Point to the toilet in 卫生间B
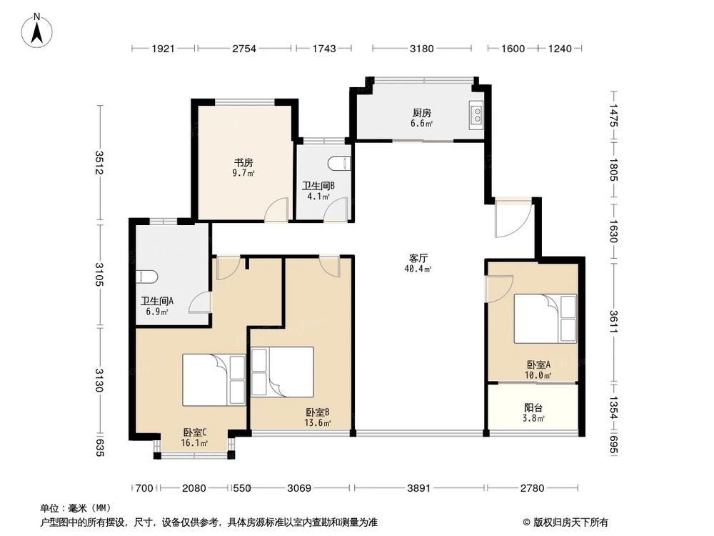(x=345, y=163)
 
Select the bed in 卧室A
(x=545, y=319)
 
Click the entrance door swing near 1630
(x=511, y=220)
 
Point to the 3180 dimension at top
(x=421, y=49)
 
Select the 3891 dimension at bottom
(x=418, y=489)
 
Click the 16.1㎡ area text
(x=195, y=443)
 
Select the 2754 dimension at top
(x=243, y=49)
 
